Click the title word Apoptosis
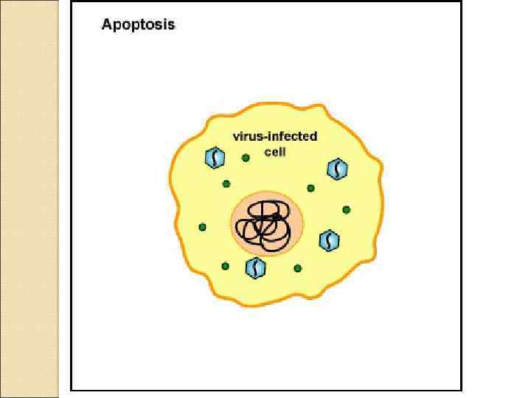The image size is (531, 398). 138,24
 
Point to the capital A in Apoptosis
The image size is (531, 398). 107,24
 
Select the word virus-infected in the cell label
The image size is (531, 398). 275,136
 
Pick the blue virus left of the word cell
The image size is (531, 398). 215,157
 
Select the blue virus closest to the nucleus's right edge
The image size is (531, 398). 329,240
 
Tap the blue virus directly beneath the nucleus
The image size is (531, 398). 255,268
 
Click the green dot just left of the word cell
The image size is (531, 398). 246,157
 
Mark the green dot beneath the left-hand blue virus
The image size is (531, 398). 226,184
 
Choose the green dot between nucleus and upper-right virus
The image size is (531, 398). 310,188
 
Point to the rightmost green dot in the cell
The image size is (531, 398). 346,210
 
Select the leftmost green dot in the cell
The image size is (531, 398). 203,227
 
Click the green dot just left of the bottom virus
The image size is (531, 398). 225,266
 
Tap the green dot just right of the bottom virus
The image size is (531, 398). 297,268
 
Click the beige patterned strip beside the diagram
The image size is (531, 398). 29,199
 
